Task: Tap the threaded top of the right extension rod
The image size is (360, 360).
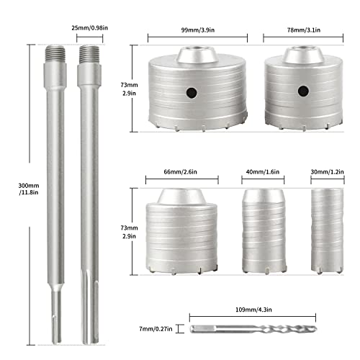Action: pyautogui.click(x=89, y=55)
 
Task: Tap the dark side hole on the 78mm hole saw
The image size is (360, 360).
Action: pyautogui.click(x=297, y=92)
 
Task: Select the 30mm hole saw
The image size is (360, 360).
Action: pyautogui.click(x=325, y=230)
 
